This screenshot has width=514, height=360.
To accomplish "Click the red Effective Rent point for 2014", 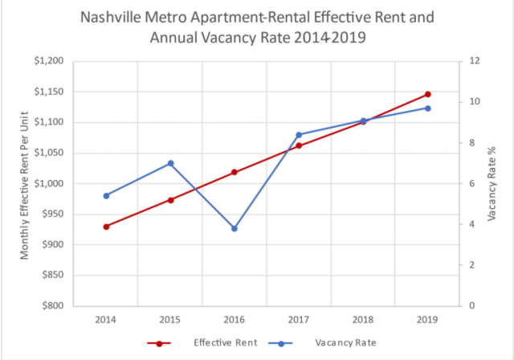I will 105,227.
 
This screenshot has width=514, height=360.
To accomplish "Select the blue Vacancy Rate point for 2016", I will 235,229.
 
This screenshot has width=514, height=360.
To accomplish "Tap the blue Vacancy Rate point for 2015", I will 170,163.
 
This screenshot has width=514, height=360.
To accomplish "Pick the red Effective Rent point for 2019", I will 428,95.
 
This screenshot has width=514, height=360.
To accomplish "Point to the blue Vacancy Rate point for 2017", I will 299,135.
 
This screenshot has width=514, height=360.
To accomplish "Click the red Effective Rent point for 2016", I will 235,172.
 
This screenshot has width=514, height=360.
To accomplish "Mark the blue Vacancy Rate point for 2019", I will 428,108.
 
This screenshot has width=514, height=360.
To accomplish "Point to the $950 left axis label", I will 52,214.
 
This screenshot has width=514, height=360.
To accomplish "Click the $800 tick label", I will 52,305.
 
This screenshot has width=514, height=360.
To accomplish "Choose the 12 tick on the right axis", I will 475,61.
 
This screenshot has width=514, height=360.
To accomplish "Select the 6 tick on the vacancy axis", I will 473,183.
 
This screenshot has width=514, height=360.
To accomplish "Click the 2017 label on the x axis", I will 299,319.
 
